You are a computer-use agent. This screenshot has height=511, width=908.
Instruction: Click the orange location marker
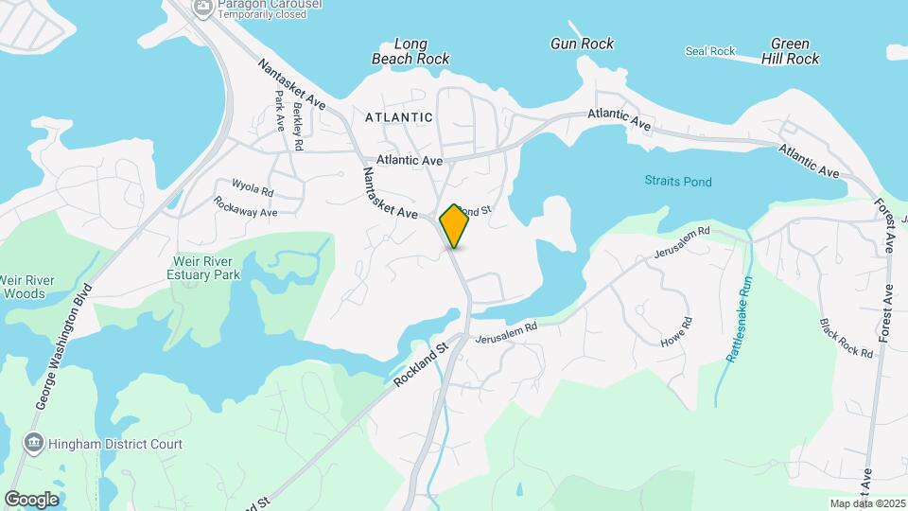pos(454,226)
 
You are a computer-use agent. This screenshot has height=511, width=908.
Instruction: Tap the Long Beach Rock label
pos(410,52)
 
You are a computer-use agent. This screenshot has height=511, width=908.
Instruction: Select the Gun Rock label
pos(582,44)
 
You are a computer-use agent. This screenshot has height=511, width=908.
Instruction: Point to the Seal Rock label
pos(710,51)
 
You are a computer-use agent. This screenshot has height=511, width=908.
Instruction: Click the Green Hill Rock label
pos(790,51)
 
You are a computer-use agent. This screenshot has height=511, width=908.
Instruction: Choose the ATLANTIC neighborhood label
pos(398,117)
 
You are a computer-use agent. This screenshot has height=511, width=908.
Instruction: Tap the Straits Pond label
pos(678,181)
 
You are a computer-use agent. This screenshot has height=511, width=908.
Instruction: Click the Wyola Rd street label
pos(253,185)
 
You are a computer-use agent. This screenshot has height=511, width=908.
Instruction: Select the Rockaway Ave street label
pos(245,207)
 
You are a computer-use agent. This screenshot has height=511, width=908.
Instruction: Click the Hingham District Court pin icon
pos(34,443)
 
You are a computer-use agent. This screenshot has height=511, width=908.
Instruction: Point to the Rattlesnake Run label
pos(739,319)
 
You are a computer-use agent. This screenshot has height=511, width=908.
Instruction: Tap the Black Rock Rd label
pos(847,338)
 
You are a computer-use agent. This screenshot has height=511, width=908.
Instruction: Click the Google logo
pos(31,499)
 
